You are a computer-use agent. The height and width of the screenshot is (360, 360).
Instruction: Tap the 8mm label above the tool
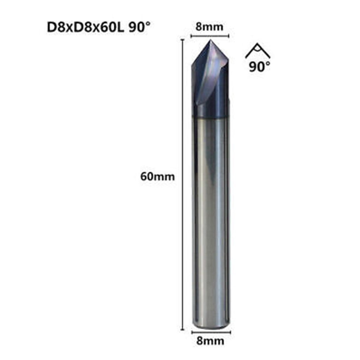[x=209, y=27]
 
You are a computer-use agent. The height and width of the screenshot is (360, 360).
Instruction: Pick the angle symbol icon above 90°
[x=258, y=51]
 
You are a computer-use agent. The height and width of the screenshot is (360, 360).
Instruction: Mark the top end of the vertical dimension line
[x=183, y=40]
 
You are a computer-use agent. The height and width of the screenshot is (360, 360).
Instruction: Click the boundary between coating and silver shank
[x=210, y=118]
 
